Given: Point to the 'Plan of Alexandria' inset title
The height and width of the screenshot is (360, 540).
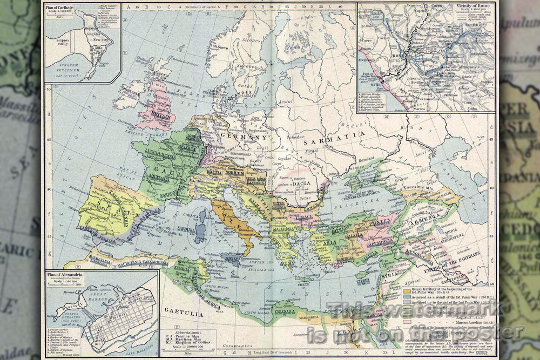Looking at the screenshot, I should click(x=64, y=275).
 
